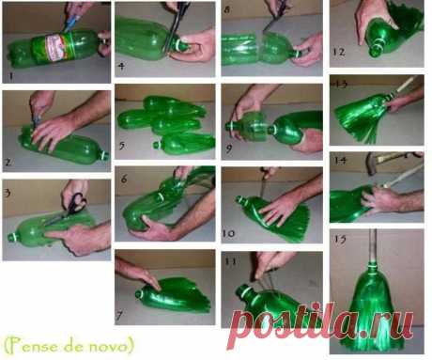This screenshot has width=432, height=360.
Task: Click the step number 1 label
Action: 11,76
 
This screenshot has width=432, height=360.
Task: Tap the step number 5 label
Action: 122,146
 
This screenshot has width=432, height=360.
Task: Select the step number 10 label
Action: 228,233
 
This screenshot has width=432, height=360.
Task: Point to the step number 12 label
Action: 338,52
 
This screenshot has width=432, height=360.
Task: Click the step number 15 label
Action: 340,240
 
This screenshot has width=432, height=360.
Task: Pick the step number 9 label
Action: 229,149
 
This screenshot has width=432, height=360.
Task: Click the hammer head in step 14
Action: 371,164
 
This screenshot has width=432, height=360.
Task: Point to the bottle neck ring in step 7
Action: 138,294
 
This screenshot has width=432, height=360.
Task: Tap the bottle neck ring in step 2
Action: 103,155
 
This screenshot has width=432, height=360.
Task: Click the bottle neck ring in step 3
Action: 12,237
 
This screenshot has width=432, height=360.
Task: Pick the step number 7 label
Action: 119,316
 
